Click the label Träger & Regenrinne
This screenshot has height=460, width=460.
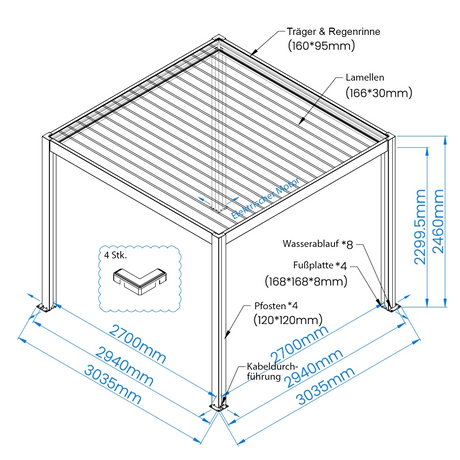(333, 32)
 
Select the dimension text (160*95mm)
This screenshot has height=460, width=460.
(321, 46)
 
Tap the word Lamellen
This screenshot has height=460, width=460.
(365, 78)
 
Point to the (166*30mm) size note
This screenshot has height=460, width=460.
(379, 93)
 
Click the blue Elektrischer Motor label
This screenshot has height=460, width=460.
(266, 199)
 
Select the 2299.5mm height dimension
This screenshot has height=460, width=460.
(420, 227)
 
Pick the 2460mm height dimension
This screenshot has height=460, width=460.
(438, 221)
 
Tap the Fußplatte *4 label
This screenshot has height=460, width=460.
(320, 265)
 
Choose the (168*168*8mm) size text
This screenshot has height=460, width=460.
(306, 281)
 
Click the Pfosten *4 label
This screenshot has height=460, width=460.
(276, 306)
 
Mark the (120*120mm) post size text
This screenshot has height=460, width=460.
(288, 320)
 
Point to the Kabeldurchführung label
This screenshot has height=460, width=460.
(271, 372)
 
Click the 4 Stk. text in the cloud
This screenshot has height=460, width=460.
(115, 255)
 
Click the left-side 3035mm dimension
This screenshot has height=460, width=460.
(113, 384)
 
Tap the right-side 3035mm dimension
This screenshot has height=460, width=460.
(326, 386)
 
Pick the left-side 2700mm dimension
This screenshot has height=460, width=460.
(138, 344)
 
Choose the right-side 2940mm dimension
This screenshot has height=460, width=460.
(314, 368)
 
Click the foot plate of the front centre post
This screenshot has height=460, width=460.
(219, 407)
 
